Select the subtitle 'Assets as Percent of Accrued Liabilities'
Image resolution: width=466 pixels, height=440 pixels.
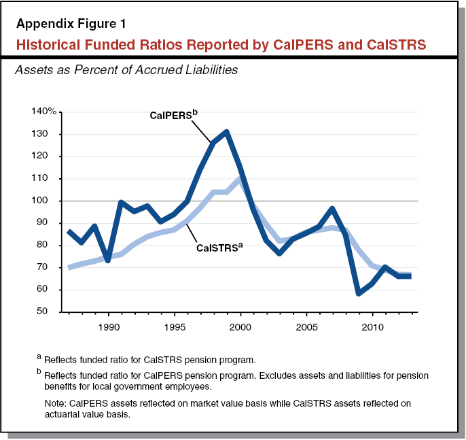pyautogui.click(x=126, y=69)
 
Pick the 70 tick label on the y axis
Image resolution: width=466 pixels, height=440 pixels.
pyautogui.click(x=50, y=267)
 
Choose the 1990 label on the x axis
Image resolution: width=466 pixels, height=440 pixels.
pyautogui.click(x=109, y=326)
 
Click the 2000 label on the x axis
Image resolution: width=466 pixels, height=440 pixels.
pyautogui.click(x=240, y=326)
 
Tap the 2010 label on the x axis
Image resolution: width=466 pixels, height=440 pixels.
pyautogui.click(x=372, y=326)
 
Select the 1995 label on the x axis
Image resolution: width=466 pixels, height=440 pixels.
pyautogui.click(x=175, y=326)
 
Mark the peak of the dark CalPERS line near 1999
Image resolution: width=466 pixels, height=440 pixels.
pyautogui.click(x=227, y=131)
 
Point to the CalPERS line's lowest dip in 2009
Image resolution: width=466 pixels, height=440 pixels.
pyautogui.click(x=359, y=293)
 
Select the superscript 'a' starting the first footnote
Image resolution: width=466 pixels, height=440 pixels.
pyautogui.click(x=39, y=357)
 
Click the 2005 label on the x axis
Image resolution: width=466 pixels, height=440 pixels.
pyautogui.click(x=306, y=326)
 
